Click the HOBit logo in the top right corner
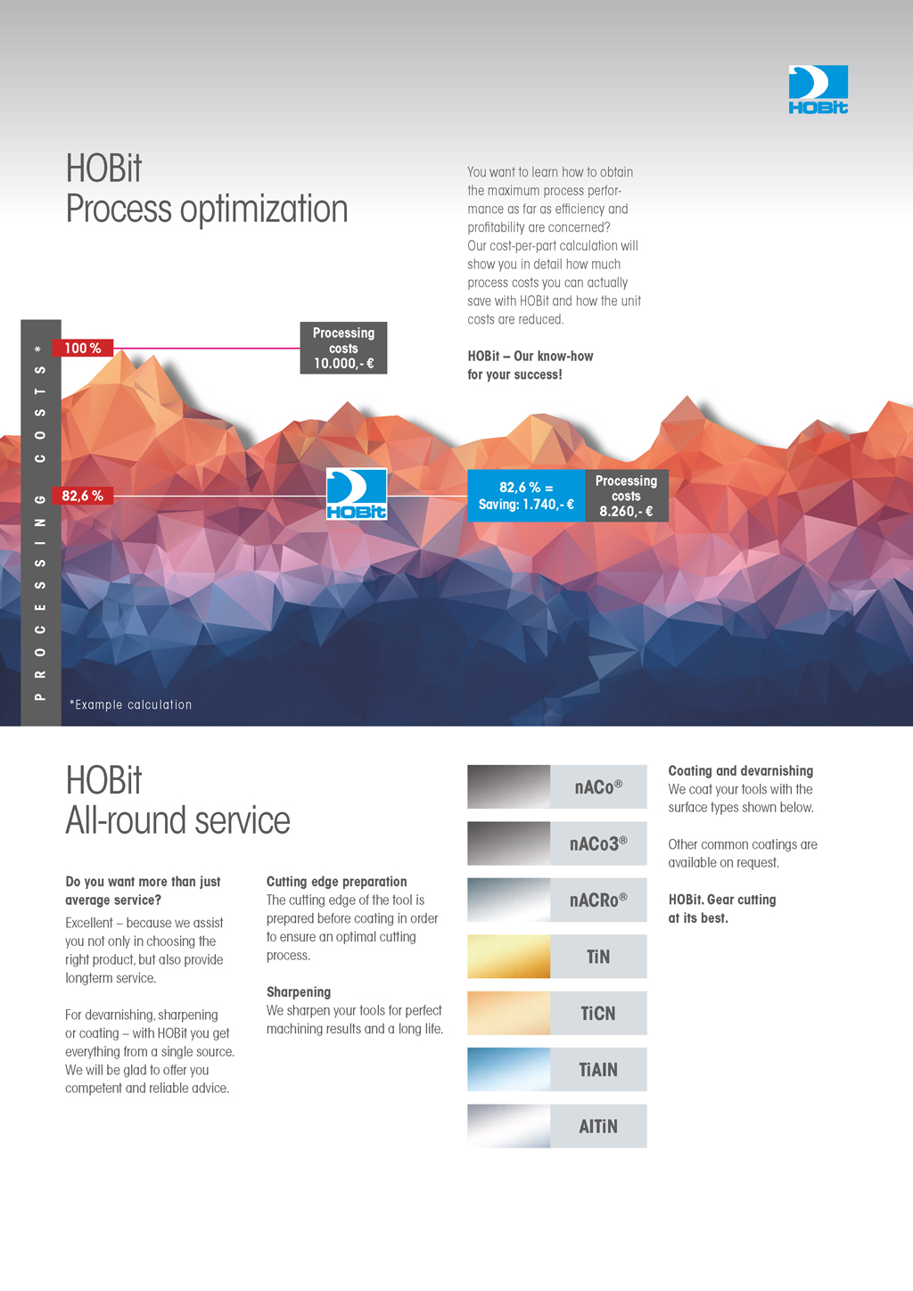tap(818, 89)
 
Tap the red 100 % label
tap(82, 348)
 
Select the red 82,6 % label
tap(82, 496)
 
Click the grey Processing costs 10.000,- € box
tap(343, 348)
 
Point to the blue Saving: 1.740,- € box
tap(526, 496)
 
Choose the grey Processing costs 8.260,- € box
tap(627, 496)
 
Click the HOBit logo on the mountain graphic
tap(357, 494)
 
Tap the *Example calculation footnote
tap(131, 704)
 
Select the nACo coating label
tap(598, 786)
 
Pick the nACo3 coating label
tap(598, 843)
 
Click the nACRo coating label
tap(598, 900)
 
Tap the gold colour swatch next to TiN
tap(508, 956)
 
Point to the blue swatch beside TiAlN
tap(508, 1069)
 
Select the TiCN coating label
tap(598, 1013)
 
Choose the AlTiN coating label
tap(598, 1125)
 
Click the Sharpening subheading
tap(299, 992)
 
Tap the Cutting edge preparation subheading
tap(337, 881)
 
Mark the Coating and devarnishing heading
tap(741, 770)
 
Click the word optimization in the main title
tap(264, 209)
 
